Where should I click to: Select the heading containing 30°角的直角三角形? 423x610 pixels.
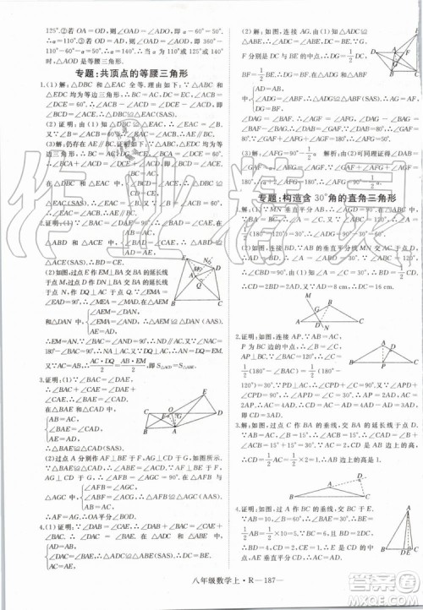tap(322, 197)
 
